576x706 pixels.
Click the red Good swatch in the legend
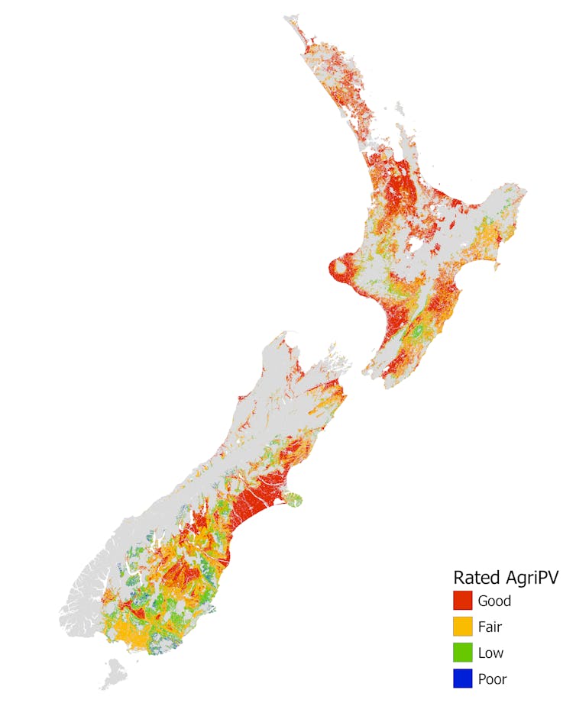tap(463, 601)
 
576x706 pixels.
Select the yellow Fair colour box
tap(463, 627)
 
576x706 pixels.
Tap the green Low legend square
tap(463, 653)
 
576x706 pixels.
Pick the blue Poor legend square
tap(463, 679)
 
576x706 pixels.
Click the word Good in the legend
tap(494, 601)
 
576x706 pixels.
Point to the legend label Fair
tap(490, 627)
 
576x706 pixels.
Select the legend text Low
tap(490, 653)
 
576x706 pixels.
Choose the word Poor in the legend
tap(492, 679)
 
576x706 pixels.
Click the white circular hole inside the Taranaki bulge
tap(338, 268)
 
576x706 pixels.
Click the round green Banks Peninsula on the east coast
tap(294, 500)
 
